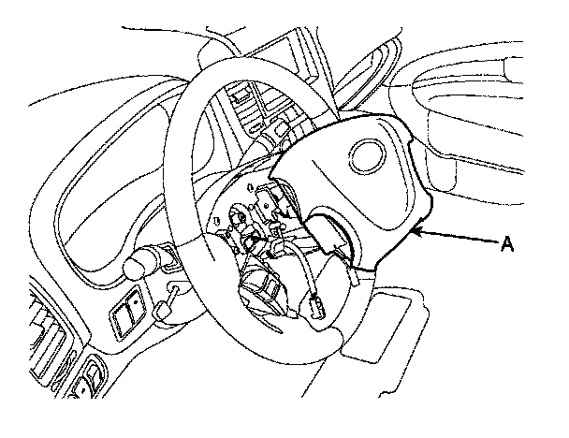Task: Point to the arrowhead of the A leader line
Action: point(417,229)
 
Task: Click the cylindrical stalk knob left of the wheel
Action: point(138,265)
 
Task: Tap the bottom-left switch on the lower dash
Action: point(91,384)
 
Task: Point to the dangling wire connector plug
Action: point(317,305)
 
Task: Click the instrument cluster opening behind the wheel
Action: point(103,178)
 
